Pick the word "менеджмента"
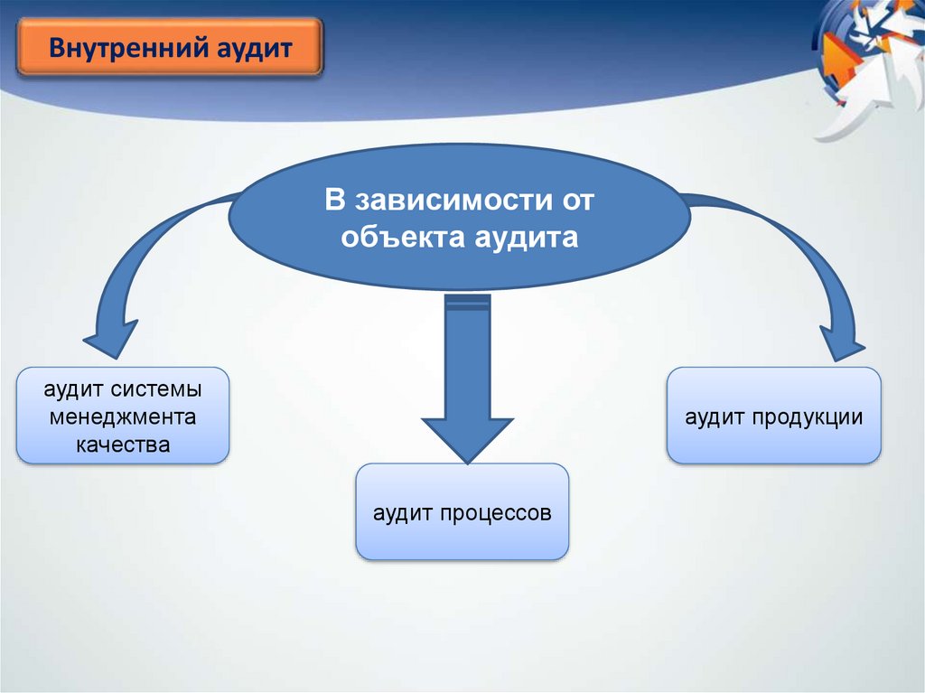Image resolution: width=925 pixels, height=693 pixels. pos(123,418)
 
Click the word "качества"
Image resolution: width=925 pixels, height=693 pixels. pos(123,445)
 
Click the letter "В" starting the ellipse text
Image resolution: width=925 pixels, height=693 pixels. pos(334,201)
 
